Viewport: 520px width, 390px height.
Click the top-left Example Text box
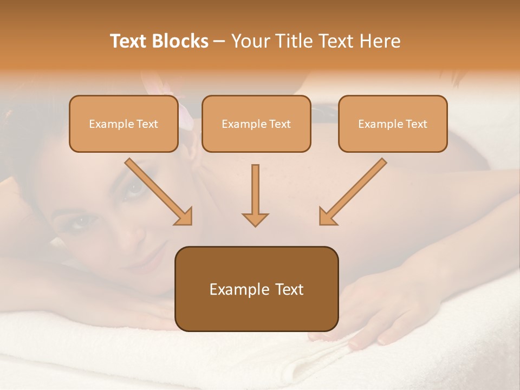coord(123,124)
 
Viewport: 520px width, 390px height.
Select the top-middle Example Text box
coord(256,124)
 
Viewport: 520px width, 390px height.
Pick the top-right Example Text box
coord(393,124)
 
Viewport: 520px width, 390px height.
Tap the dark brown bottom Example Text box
coord(256,289)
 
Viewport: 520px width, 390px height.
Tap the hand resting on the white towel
coord(374,314)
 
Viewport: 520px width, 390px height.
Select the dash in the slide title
coord(219,42)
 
